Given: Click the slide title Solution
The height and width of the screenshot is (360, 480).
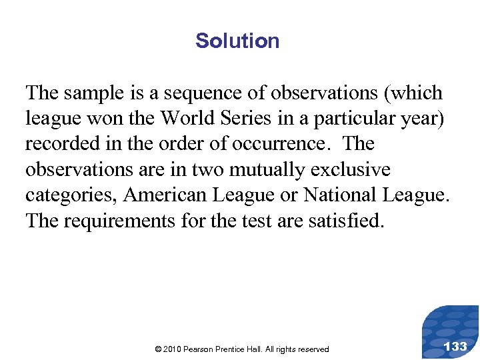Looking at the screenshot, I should [x=237, y=41].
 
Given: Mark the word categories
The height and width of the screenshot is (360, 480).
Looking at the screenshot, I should [x=71, y=195].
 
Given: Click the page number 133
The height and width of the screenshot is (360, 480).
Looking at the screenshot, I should [x=455, y=346].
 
